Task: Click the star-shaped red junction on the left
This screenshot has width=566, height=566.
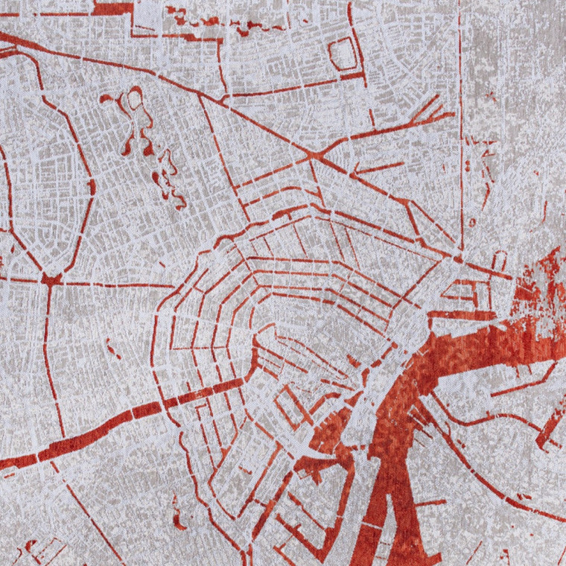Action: [x=51, y=279]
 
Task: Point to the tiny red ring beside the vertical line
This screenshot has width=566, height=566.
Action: [x=471, y=222]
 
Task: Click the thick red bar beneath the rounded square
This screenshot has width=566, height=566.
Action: [x=350, y=76]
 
